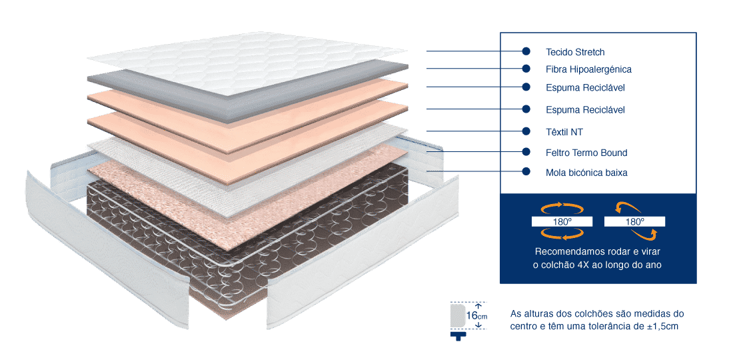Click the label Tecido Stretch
[x=575, y=52]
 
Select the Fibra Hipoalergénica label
[x=588, y=69]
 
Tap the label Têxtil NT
[x=564, y=132]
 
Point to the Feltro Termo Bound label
[x=586, y=153]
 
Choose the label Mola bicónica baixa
[x=586, y=173]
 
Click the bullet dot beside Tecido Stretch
[x=526, y=51]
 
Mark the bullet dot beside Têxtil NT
[x=526, y=131]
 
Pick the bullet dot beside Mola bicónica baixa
[x=526, y=172]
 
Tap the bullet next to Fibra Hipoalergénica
[x=526, y=69]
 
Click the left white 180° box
[x=561, y=221]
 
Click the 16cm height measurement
[x=477, y=316]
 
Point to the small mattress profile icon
[x=458, y=317]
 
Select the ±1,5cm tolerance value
[x=661, y=326]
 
